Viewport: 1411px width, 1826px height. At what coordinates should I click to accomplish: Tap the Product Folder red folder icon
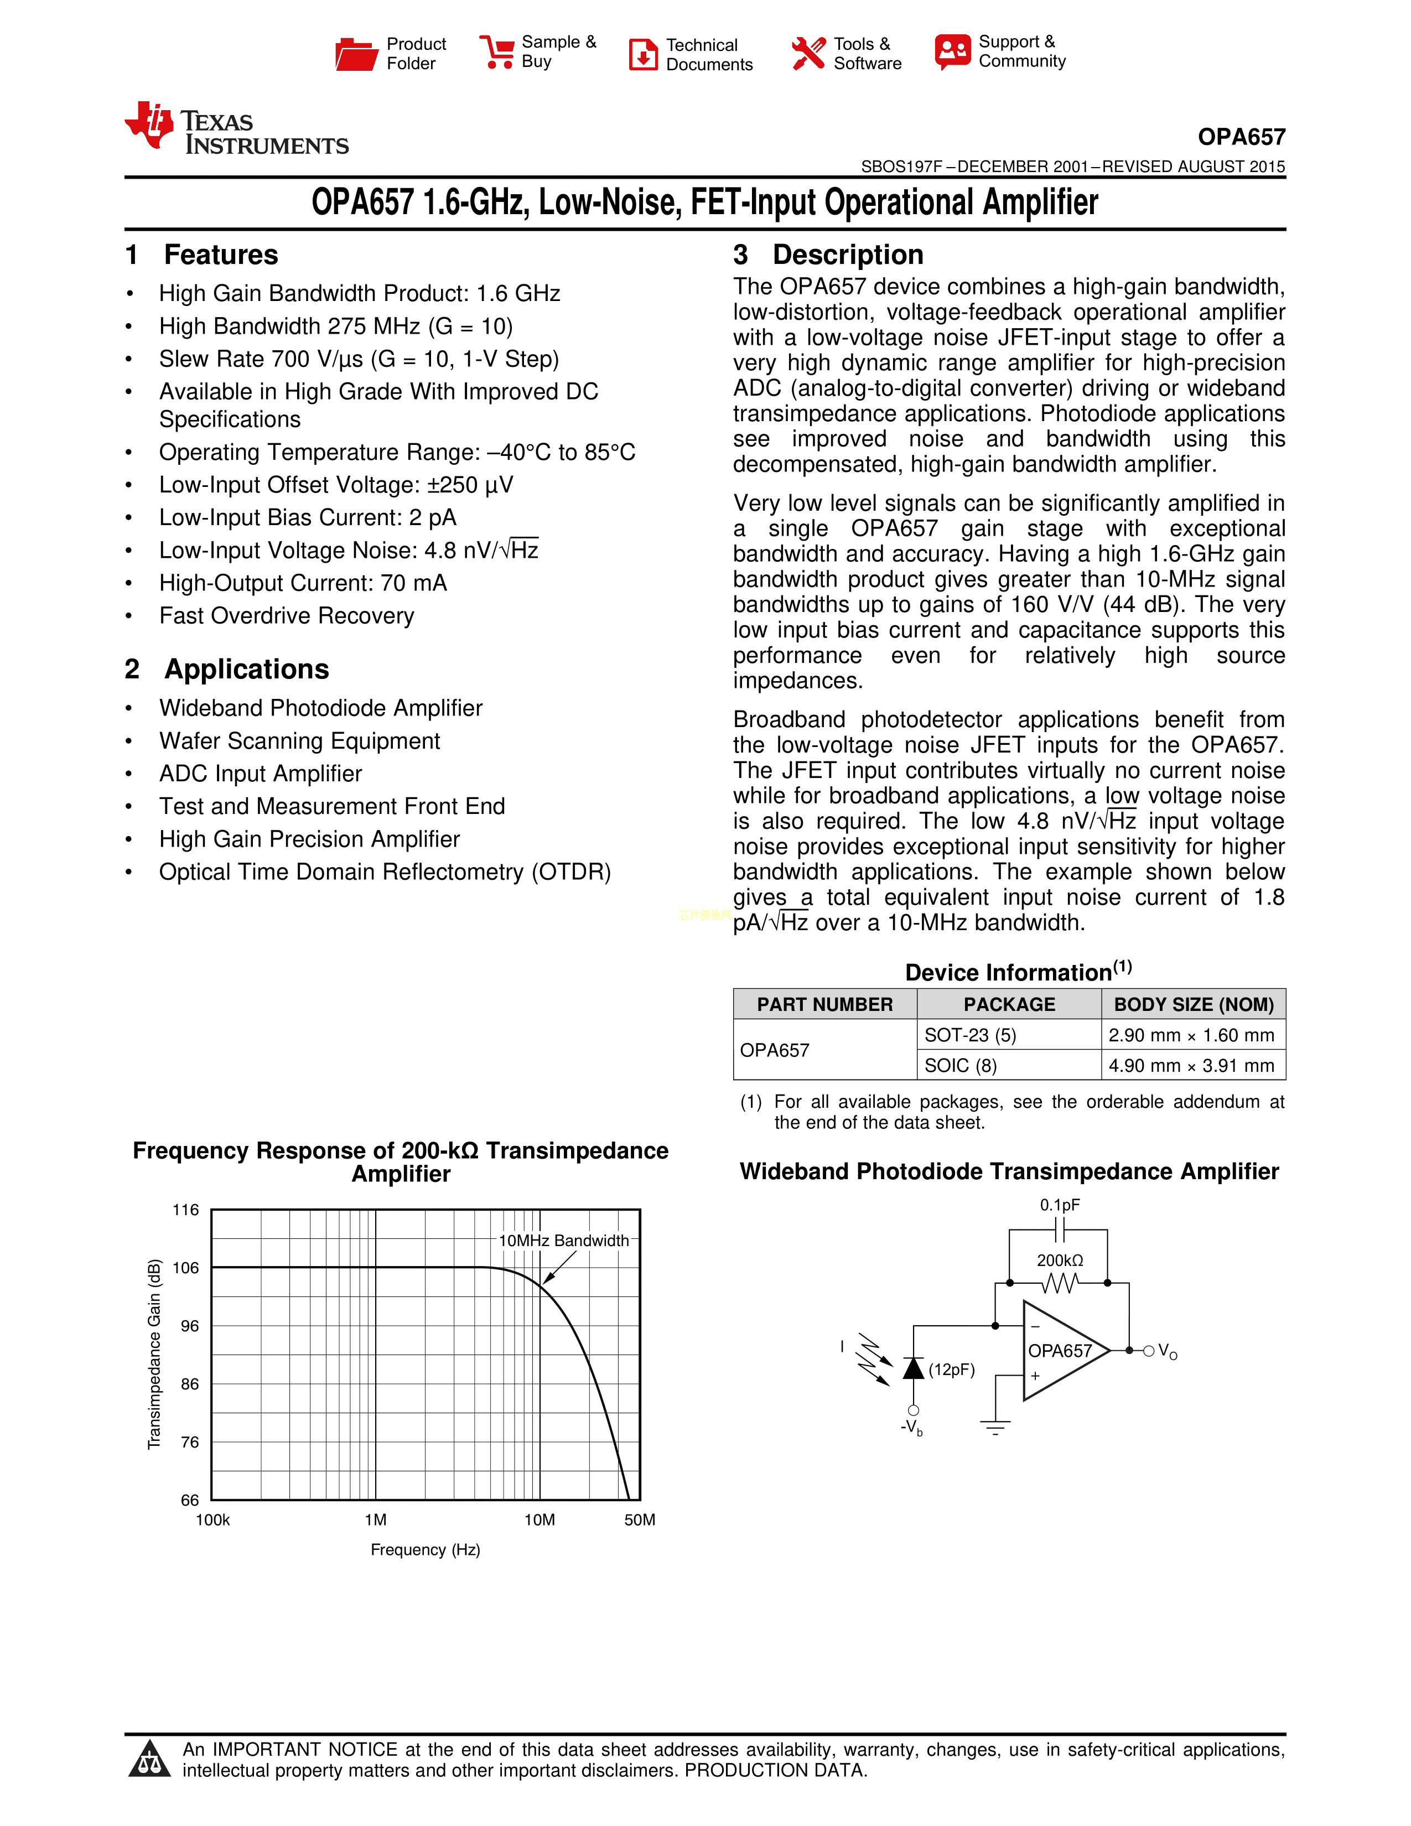[356, 54]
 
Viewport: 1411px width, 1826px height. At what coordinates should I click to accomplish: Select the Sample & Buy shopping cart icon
[497, 52]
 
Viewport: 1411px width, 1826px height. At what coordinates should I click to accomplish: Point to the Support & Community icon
[953, 52]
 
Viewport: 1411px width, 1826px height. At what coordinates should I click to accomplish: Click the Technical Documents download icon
[643, 54]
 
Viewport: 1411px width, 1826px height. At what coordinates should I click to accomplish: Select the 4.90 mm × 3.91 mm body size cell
[1192, 1065]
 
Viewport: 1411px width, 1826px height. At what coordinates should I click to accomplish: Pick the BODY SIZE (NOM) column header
[1194, 1004]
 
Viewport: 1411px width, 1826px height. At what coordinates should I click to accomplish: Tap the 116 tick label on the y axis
[185, 1210]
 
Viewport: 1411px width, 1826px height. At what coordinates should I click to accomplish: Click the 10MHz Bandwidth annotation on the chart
[563, 1241]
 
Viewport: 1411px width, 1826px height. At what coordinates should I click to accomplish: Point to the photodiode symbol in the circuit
[914, 1368]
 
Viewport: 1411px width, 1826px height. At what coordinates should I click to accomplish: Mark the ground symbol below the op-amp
[995, 1426]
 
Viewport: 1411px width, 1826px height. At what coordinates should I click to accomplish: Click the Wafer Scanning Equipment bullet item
[299, 741]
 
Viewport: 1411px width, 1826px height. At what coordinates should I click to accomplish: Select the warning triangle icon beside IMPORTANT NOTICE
[151, 1758]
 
